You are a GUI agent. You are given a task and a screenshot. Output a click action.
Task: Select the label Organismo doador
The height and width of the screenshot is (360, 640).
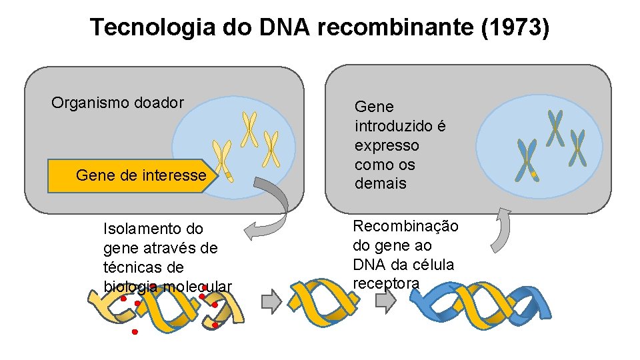coord(117,103)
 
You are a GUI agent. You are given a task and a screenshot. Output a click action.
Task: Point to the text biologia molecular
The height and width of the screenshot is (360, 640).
coord(167,287)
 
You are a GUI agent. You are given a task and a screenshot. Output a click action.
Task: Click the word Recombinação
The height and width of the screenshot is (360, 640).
coord(405,226)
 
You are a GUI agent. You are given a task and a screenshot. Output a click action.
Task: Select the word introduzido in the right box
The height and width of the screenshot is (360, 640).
coord(400,126)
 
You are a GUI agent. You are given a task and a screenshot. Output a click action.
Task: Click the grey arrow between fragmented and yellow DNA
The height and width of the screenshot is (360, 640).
coord(271,302)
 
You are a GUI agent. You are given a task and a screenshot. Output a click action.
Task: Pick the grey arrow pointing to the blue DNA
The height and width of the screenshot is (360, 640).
coord(385,302)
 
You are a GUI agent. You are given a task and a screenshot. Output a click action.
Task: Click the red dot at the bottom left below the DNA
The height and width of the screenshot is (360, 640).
coord(134,331)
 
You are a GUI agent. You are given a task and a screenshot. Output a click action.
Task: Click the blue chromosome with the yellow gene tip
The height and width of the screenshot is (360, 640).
coord(527,161)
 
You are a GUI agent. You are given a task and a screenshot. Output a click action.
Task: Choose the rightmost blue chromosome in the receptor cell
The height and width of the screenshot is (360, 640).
coord(577,147)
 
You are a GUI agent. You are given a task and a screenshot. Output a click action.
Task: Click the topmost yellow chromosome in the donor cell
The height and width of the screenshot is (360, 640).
coord(249,129)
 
